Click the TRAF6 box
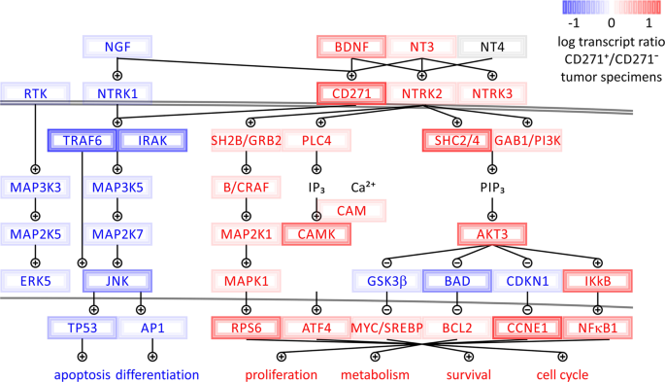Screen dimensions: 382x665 pos(83,140)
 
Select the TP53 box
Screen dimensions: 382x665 pos(83,329)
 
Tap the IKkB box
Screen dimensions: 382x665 pos(599,282)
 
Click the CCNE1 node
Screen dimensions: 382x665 pos(528,329)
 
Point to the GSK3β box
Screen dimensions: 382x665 pos(386,282)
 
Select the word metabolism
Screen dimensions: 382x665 pos(375,373)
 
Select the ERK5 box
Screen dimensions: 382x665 pos(36,282)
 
